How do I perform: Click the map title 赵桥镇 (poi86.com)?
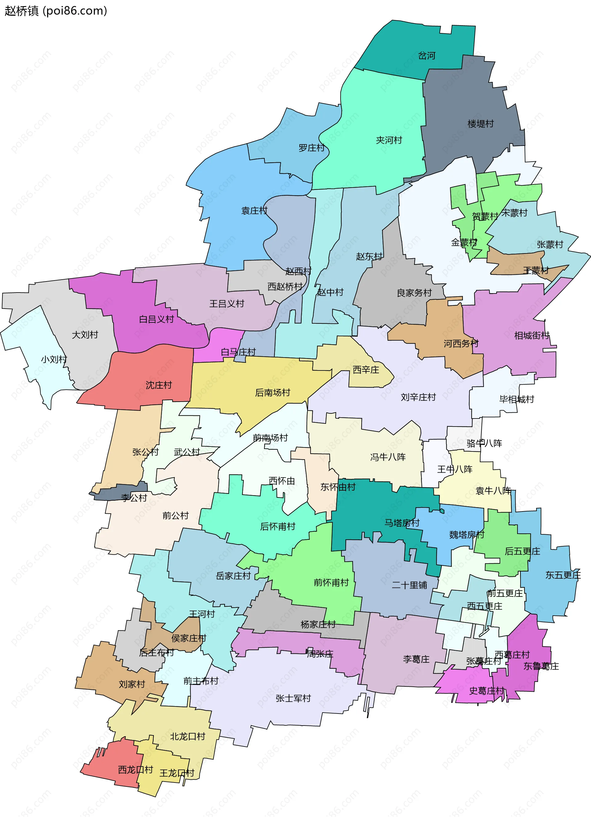pos(56,11)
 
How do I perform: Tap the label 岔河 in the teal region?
pos(426,55)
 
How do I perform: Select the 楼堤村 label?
pos(480,124)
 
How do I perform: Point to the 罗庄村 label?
pos(312,148)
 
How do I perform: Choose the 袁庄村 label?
pos(254,211)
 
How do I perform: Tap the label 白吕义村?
pos(156,319)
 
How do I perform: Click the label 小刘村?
pos(54,359)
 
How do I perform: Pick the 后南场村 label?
pos(272,393)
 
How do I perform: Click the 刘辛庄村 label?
pos(418,397)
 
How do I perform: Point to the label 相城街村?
pos(532,336)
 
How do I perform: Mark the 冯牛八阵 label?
pos(388,457)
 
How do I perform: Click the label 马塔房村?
pos(402,523)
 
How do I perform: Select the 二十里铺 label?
pos(409,585)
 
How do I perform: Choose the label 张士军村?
pos(293,698)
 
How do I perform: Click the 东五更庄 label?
pos(563,575)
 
